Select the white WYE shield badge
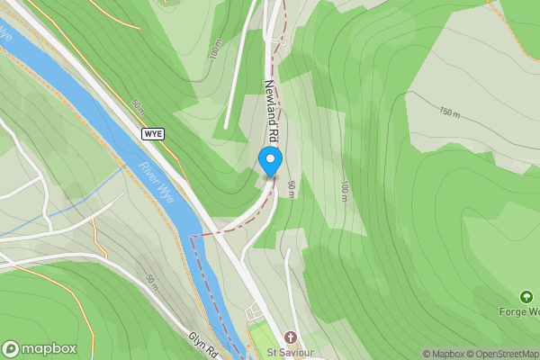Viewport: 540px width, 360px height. click(x=153, y=133)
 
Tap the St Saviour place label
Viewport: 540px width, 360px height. click(x=290, y=352)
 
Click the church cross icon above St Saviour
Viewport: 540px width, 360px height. click(x=290, y=336)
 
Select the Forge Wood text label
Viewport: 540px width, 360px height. click(x=520, y=312)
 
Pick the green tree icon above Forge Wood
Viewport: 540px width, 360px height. click(x=526, y=296)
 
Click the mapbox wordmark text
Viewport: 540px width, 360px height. click(x=49, y=348)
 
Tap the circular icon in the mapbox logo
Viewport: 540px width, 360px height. click(x=11, y=348)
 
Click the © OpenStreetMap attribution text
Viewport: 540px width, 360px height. click(x=504, y=354)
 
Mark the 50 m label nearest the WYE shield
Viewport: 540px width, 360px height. click(x=139, y=105)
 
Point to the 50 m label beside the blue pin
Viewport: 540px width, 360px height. click(x=292, y=189)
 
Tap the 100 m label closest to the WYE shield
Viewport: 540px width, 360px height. click(x=215, y=49)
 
